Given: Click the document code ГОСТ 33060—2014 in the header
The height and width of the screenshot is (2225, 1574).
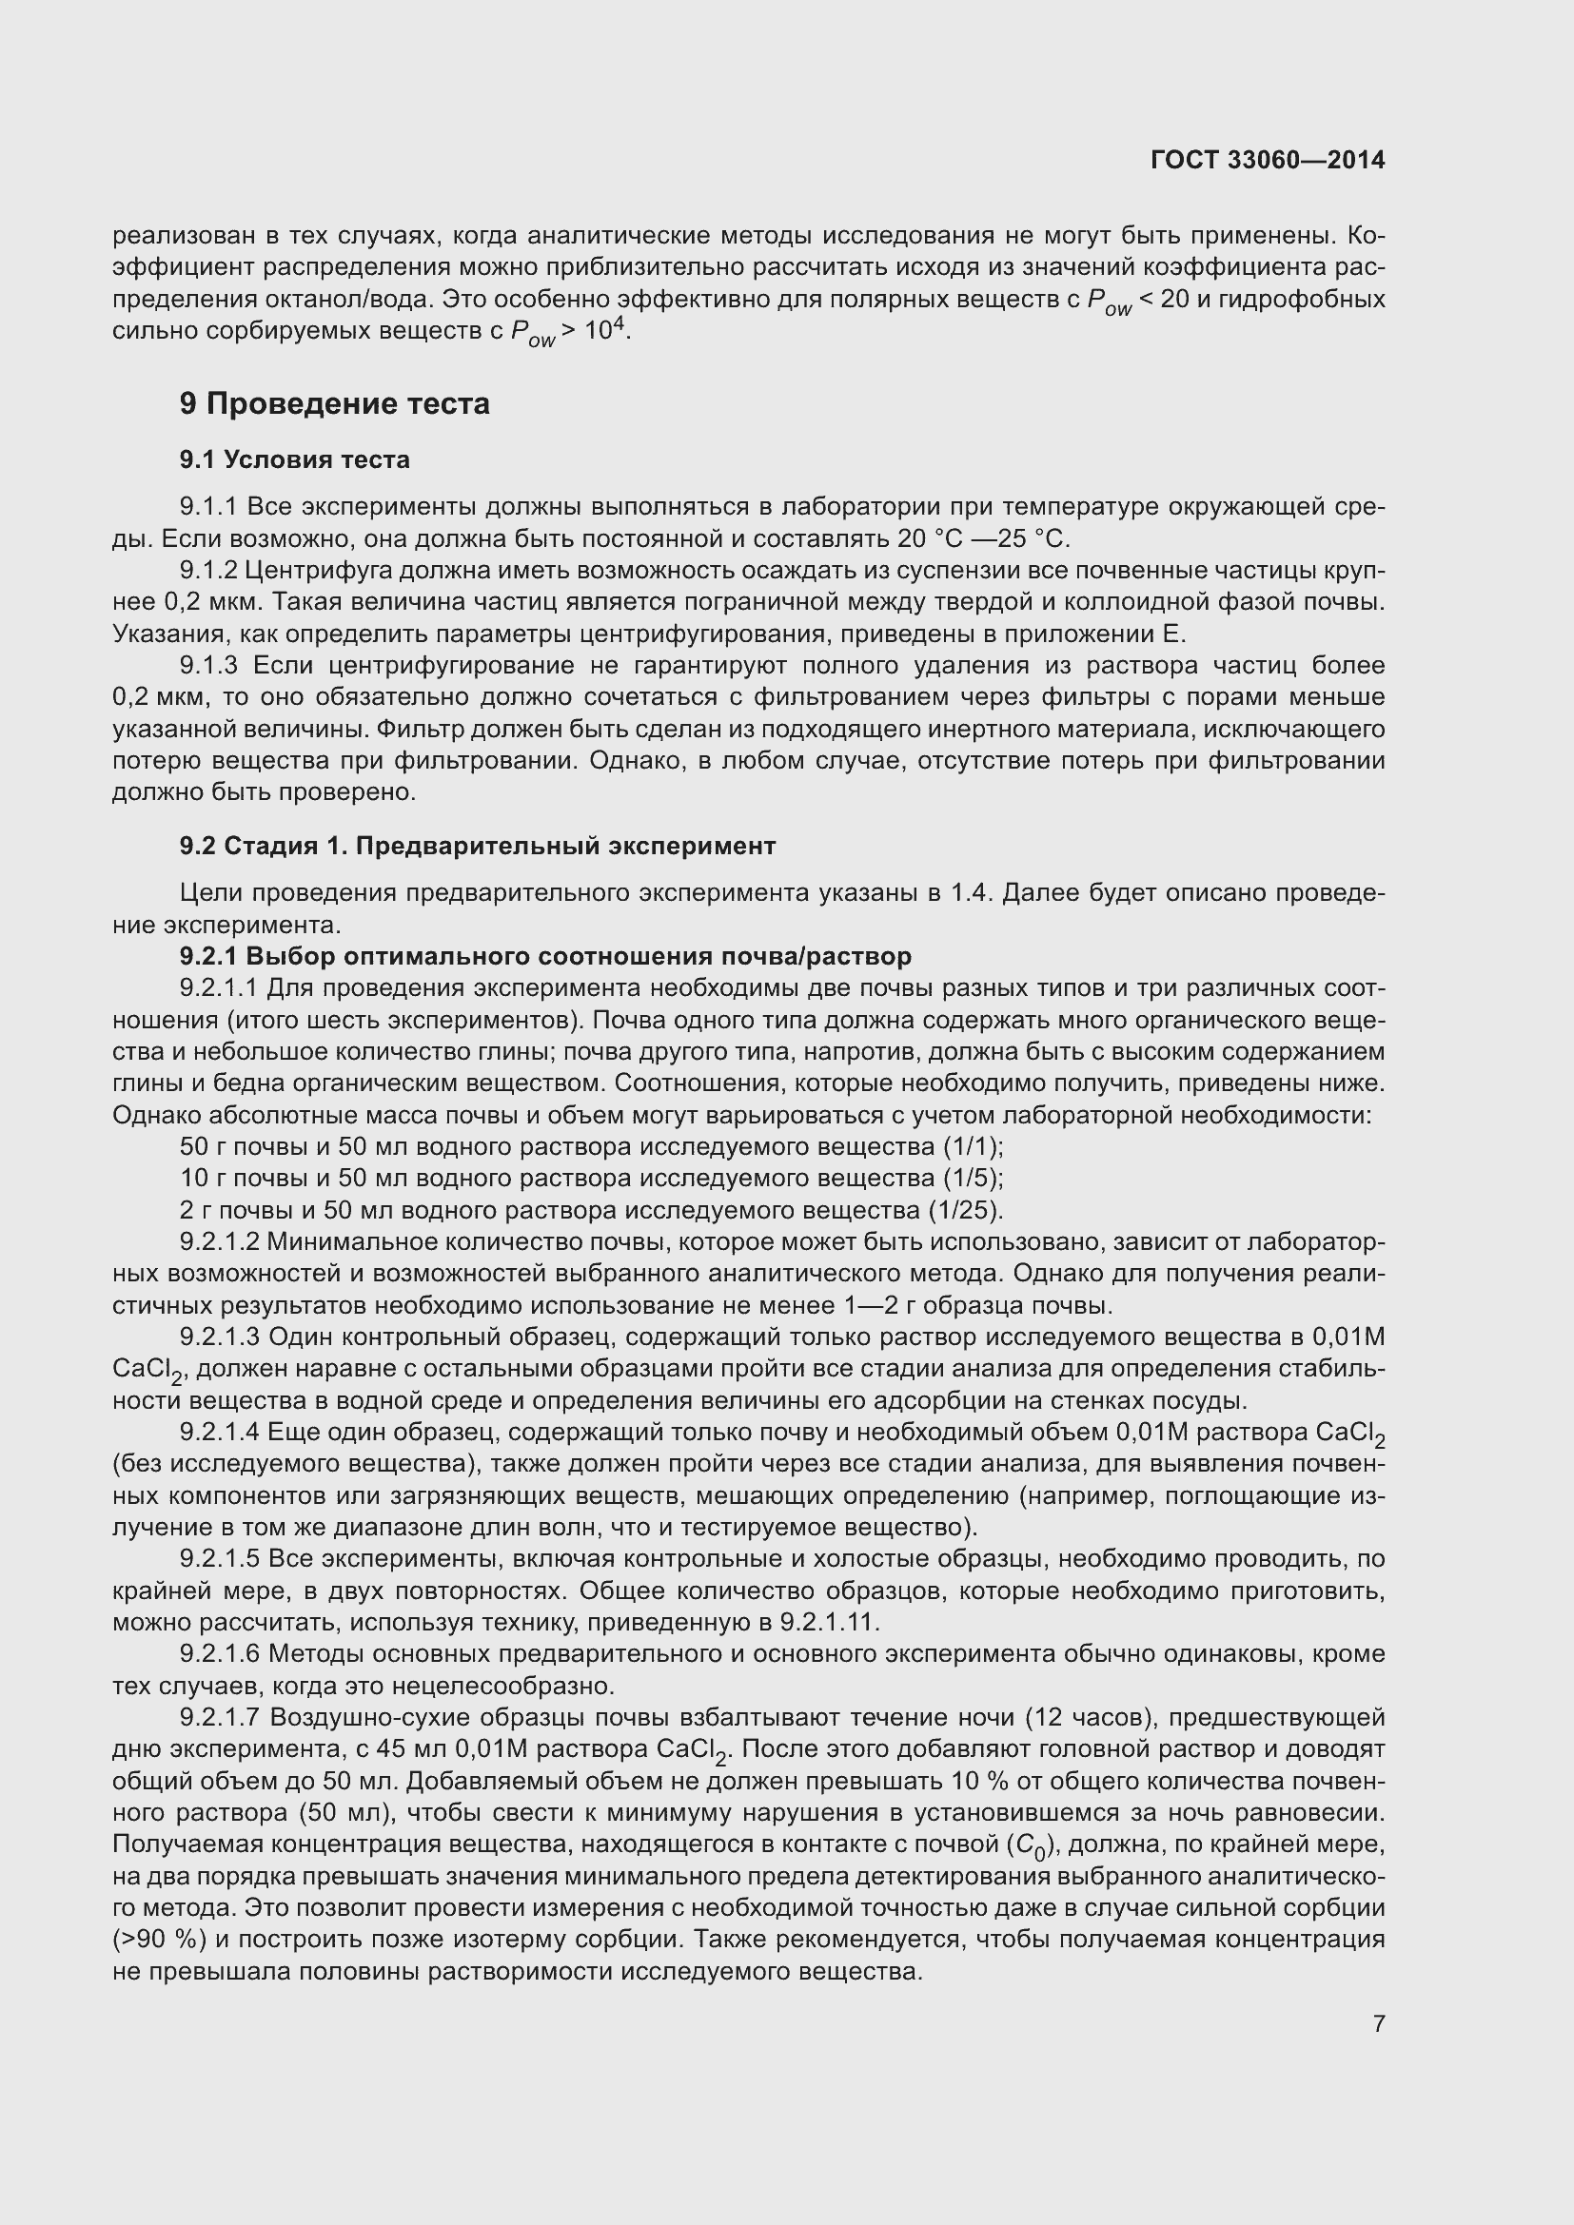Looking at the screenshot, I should (1267, 160).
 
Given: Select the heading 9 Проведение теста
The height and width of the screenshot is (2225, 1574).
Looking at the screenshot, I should (334, 403).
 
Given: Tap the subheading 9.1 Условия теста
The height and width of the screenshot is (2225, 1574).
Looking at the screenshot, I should (295, 459).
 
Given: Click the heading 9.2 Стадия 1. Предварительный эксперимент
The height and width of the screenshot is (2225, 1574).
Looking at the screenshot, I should (477, 846).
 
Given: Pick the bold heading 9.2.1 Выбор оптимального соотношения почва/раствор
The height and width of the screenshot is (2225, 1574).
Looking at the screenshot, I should (544, 956).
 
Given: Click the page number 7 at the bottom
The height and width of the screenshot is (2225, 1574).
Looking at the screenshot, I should (1378, 2023).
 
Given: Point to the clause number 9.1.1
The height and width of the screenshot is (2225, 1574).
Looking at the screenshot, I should (208, 507).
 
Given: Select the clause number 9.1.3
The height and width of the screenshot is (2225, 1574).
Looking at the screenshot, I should (208, 666).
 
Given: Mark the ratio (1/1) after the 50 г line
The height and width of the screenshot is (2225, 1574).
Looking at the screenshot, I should (974, 1146).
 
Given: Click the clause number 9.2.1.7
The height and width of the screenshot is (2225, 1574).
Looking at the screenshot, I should (220, 1718).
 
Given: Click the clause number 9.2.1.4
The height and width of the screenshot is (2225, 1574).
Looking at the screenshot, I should (220, 1433).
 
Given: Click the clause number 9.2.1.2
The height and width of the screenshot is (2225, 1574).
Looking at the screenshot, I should (220, 1242).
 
